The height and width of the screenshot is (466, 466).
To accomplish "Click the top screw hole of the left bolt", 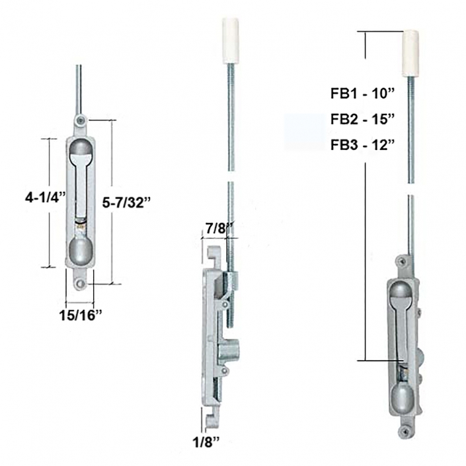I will click(x=80, y=120).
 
